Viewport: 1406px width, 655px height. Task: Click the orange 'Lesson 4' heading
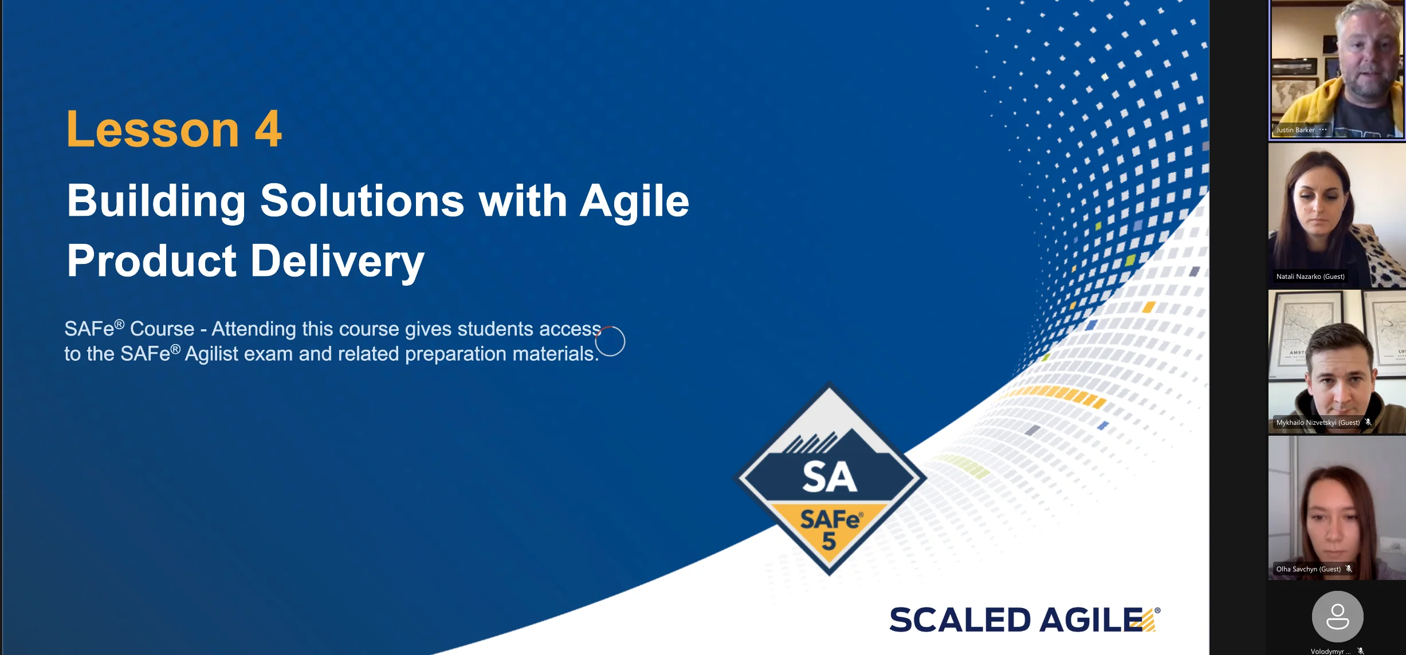pos(174,129)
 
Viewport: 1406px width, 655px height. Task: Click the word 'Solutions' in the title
pos(362,201)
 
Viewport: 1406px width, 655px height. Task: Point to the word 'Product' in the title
pos(152,261)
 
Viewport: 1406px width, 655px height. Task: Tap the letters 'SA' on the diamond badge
pos(829,476)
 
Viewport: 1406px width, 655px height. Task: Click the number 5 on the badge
pos(829,541)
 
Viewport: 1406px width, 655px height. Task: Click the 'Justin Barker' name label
pos(1295,130)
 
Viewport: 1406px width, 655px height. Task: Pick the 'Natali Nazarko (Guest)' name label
pos(1310,277)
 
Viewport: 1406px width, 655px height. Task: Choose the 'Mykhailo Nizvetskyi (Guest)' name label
pos(1318,423)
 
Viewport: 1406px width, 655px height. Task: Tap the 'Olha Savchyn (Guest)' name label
pos(1309,569)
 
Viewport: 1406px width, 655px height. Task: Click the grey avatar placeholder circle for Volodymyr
pos(1338,617)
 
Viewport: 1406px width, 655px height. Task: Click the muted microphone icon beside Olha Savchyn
pos(1349,569)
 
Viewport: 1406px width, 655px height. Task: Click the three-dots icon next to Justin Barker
pos(1323,130)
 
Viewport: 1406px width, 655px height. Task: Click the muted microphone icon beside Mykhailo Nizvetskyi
pos(1368,422)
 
